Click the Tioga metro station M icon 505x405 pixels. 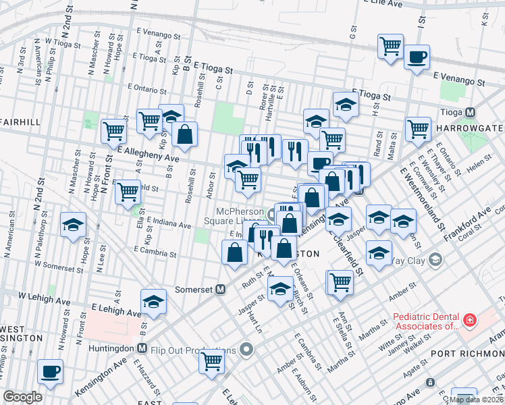point(471,113)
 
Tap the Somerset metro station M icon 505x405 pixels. point(220,290)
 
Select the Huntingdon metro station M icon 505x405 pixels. point(142,349)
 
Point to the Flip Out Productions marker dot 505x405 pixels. point(247,350)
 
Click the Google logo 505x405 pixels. point(22,397)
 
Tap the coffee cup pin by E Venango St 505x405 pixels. point(417,57)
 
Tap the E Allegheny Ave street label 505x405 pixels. point(149,155)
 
